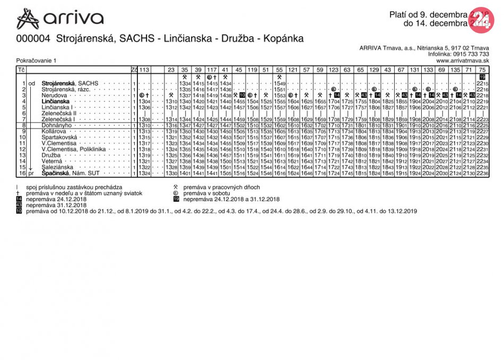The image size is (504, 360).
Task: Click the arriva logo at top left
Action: coord(59,19)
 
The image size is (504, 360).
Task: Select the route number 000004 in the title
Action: coord(33,39)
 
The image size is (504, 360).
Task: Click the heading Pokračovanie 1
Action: coord(36,61)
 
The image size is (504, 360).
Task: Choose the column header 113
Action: coord(144,70)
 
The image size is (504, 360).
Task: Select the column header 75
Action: coord(482,70)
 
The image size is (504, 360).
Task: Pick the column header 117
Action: coord(212,70)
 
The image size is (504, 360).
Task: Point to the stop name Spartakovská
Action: coord(59,138)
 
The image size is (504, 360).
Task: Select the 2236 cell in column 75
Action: coord(482,174)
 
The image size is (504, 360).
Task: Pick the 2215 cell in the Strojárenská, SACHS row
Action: coord(482,84)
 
